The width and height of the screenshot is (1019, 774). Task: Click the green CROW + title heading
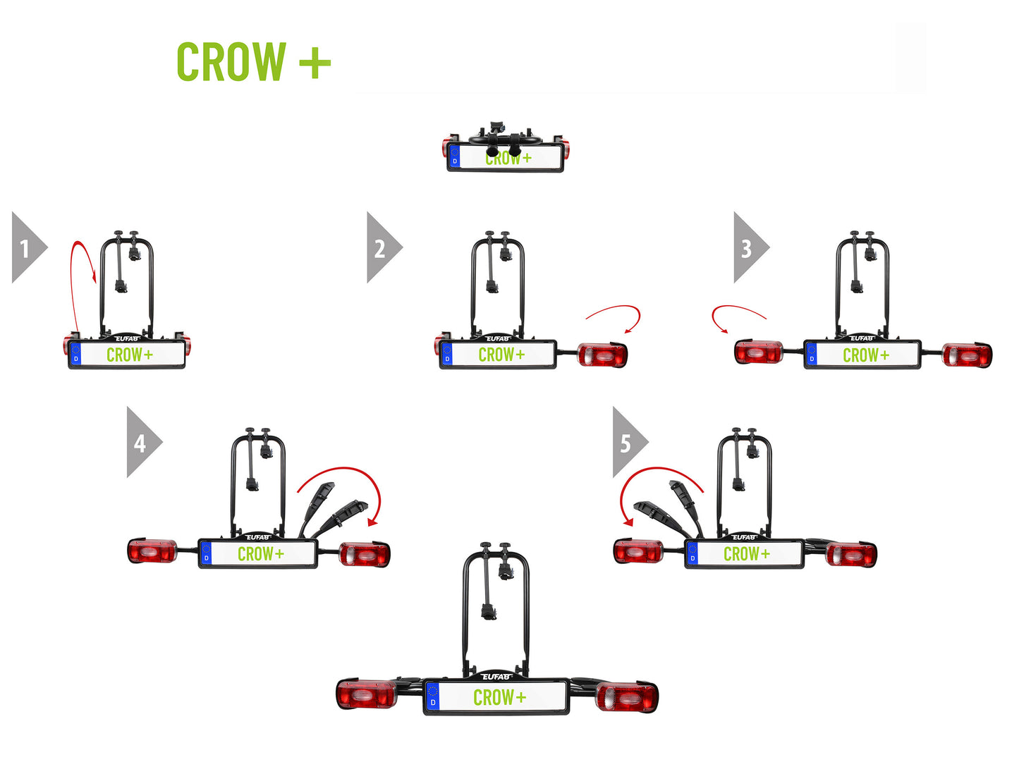coord(253,62)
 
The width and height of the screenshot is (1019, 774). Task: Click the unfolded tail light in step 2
coord(602,355)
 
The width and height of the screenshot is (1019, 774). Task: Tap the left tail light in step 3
coord(758,352)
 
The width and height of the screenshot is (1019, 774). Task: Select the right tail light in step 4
coord(365,554)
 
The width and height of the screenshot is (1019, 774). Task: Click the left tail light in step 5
coord(638,551)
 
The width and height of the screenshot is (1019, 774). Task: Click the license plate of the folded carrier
coord(505,159)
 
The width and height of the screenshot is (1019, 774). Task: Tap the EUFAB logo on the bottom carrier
coord(496,677)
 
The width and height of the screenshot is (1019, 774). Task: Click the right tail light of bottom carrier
coord(627,697)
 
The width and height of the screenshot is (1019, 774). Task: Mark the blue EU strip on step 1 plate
coord(76,355)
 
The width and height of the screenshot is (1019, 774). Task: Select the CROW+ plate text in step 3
coord(866,355)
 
